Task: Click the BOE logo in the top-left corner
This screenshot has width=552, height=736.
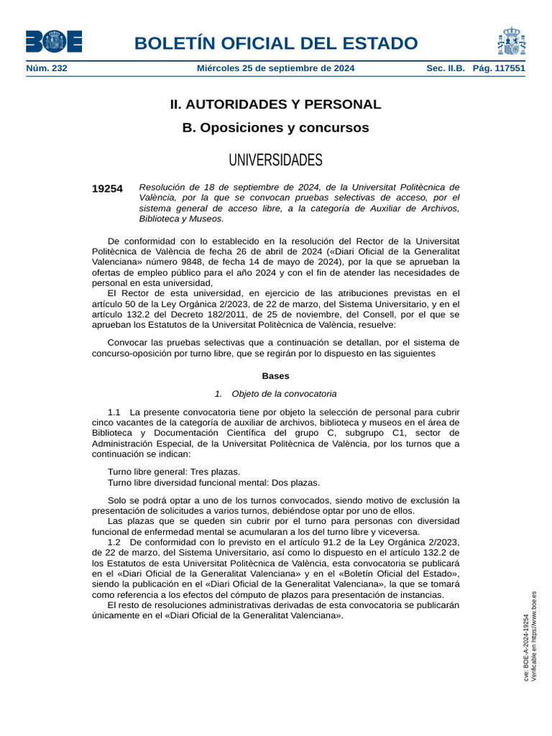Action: point(54,41)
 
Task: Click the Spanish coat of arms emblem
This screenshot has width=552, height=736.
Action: point(510,41)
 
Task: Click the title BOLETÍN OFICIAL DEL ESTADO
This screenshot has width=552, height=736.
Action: point(275,43)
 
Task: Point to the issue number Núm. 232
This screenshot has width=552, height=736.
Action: point(47,68)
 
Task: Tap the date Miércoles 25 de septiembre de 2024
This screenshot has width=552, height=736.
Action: point(275,68)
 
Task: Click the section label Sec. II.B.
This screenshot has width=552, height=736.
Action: point(446,68)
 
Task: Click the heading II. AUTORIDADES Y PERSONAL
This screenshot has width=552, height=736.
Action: point(275,104)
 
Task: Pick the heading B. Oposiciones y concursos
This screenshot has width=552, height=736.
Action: point(275,128)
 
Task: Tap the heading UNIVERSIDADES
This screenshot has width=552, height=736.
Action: point(275,160)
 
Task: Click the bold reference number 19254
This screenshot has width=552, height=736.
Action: point(107,189)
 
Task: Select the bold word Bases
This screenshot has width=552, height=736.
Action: point(275,376)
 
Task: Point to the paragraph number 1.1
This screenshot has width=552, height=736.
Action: point(114,413)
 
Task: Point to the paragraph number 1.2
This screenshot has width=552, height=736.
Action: point(114,541)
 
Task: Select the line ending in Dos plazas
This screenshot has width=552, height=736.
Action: point(213,482)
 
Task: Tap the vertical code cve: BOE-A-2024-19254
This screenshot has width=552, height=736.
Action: point(526,647)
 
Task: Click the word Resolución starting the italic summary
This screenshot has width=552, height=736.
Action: point(164,187)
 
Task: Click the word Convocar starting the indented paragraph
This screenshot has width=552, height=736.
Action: point(127,342)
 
